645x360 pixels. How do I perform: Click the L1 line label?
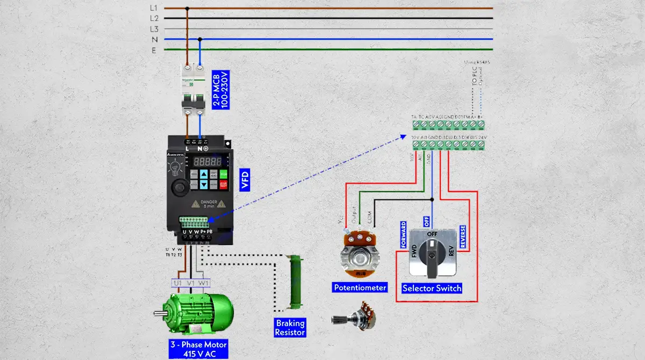(x=154, y=8)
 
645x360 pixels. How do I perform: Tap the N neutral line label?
(x=154, y=39)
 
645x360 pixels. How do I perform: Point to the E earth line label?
(x=154, y=49)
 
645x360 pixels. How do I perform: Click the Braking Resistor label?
(x=290, y=327)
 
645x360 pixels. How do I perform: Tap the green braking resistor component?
(x=293, y=282)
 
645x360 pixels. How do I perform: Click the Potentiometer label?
(x=360, y=287)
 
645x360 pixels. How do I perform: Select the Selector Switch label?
(x=432, y=288)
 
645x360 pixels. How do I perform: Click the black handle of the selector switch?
(x=432, y=250)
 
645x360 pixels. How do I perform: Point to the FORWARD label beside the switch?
(x=403, y=234)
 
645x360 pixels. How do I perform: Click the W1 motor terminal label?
(x=203, y=283)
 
